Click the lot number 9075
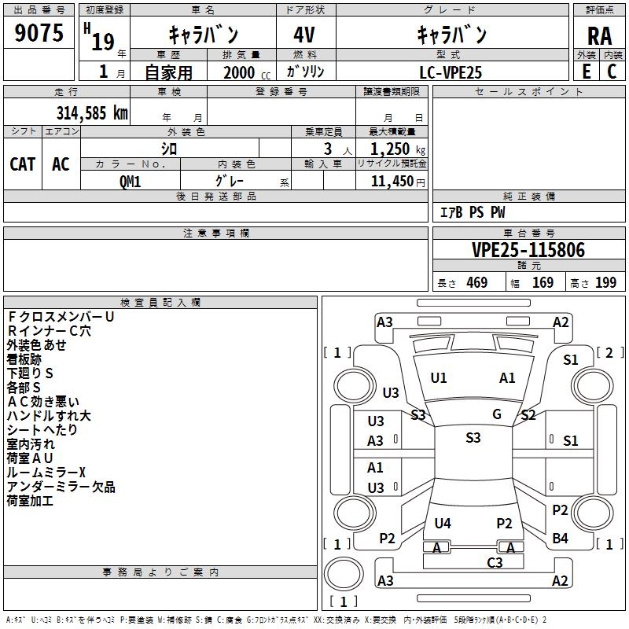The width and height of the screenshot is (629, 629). click(x=39, y=33)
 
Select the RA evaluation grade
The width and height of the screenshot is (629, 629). click(x=599, y=35)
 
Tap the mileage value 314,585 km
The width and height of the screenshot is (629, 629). click(x=92, y=112)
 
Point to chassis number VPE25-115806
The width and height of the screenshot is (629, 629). click(x=528, y=250)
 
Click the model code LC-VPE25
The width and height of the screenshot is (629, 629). click(x=451, y=72)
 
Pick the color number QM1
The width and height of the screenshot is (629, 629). click(x=130, y=180)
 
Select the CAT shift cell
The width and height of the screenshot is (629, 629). click(x=23, y=164)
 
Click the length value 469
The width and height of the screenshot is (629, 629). click(x=476, y=282)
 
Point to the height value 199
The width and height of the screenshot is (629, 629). click(x=605, y=282)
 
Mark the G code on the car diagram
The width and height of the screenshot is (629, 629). click(x=497, y=414)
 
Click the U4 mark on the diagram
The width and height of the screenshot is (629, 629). click(x=443, y=523)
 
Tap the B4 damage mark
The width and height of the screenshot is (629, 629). click(x=560, y=538)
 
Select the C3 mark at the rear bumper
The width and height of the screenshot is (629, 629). click(x=495, y=562)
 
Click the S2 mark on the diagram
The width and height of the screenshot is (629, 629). click(x=528, y=415)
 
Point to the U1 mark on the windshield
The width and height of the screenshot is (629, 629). click(x=439, y=378)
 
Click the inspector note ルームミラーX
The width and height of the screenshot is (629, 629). click(x=46, y=473)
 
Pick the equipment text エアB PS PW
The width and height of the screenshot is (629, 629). click(x=472, y=212)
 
